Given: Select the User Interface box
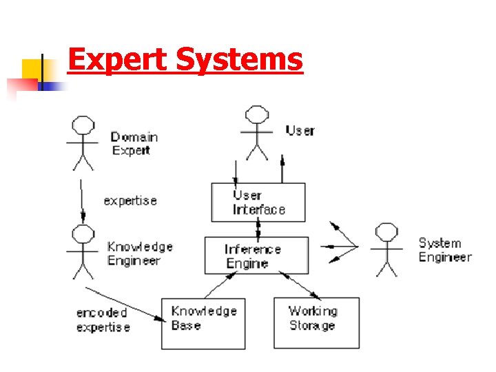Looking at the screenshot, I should [258, 202].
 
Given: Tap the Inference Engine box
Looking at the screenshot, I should [256, 255].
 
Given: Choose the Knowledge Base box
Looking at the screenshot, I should [203, 322].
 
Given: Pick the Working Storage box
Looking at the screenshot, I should [316, 322].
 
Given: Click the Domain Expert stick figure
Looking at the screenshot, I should [83, 141].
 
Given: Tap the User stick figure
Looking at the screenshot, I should [257, 132].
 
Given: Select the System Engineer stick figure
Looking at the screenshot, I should [386, 249].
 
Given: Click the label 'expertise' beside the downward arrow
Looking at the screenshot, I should [130, 200].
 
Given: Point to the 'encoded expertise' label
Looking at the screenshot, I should [103, 320].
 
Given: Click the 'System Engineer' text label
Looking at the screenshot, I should [445, 250].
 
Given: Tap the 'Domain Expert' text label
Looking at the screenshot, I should [134, 143].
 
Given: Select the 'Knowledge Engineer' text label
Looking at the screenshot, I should [140, 254].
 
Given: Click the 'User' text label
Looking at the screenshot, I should [300, 130].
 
